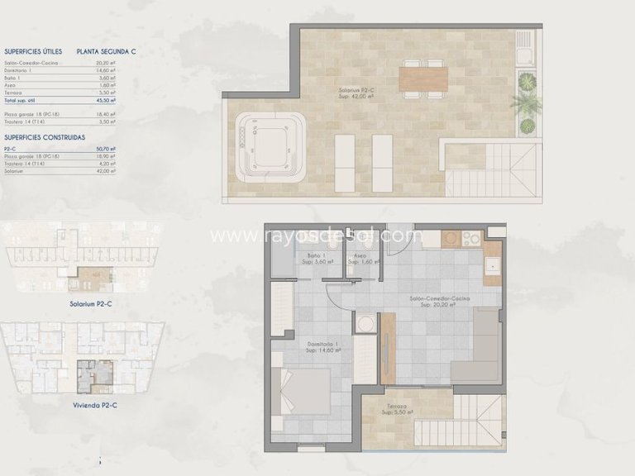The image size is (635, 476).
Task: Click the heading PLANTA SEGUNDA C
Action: tap(106, 50)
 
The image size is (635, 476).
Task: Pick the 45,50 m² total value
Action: tap(106, 99)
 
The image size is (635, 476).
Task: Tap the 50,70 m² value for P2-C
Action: tap(106, 149)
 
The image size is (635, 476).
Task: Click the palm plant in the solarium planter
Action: tap(527, 102)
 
